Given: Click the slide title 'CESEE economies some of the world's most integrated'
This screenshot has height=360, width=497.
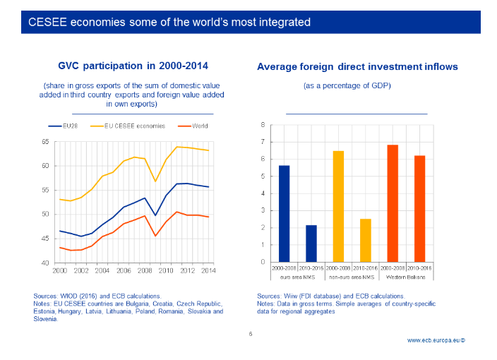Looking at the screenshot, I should [169, 22].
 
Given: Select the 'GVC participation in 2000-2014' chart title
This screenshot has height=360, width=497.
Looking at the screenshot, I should [134, 66].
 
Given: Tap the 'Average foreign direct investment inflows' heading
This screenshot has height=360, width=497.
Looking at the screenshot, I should [357, 67].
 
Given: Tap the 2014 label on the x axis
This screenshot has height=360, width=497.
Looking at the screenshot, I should [208, 270].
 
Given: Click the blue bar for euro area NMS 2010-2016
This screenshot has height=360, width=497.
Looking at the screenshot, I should [311, 244].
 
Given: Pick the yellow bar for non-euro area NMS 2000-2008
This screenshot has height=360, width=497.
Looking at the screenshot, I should [338, 206].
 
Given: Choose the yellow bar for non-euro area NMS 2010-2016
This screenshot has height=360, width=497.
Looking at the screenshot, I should [365, 241].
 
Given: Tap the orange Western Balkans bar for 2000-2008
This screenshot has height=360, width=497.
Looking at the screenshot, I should [393, 203].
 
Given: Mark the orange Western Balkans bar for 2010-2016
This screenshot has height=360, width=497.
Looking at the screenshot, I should [419, 209].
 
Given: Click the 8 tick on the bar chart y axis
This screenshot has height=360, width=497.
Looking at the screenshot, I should [263, 125].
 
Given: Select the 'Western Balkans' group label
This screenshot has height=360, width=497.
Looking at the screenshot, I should [406, 276].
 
